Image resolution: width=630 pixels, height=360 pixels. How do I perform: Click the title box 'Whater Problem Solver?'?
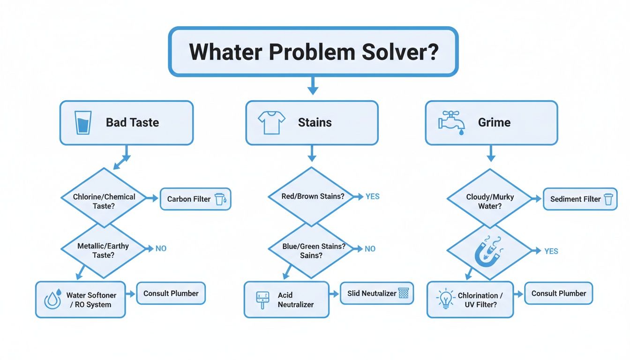click(x=313, y=52)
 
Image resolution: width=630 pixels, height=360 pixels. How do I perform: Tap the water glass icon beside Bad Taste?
click(x=83, y=123)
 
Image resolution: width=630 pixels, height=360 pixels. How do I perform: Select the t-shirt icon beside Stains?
click(x=271, y=123)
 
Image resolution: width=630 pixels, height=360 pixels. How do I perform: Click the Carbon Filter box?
click(x=195, y=199)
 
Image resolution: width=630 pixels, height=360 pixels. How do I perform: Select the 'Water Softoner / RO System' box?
click(x=81, y=300)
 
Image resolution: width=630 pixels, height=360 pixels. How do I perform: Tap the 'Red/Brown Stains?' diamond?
click(x=313, y=196)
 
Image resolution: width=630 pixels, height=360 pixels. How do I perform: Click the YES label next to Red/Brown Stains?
click(x=372, y=197)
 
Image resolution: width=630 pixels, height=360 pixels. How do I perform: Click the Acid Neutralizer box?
click(x=286, y=300)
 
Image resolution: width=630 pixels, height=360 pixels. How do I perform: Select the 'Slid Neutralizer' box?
click(x=377, y=293)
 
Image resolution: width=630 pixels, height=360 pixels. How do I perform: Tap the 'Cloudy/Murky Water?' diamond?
click(x=490, y=199)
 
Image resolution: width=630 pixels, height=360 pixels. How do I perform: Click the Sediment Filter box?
click(x=580, y=199)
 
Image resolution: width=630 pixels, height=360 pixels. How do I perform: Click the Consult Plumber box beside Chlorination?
click(x=558, y=293)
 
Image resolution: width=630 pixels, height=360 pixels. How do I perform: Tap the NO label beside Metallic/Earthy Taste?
click(x=161, y=248)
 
